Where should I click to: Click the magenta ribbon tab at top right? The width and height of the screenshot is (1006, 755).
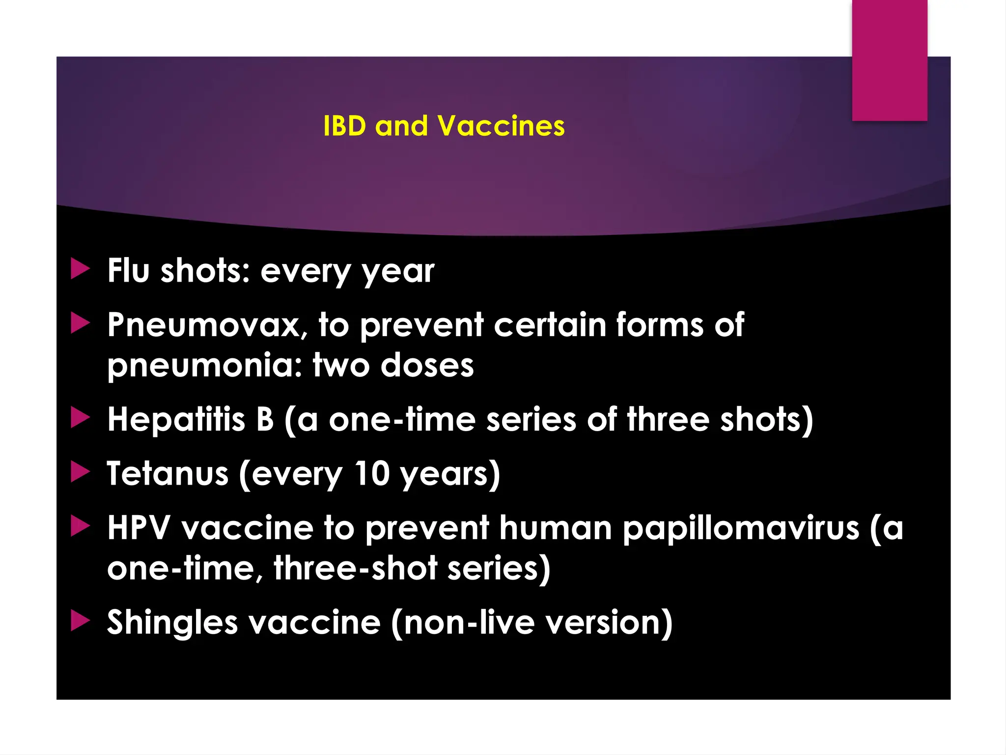890,60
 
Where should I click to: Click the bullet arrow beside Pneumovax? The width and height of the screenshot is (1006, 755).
80,323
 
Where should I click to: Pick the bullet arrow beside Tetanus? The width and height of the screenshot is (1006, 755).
80,472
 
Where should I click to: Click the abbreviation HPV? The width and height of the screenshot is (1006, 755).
139,528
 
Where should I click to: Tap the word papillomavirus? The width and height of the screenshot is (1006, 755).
741,529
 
